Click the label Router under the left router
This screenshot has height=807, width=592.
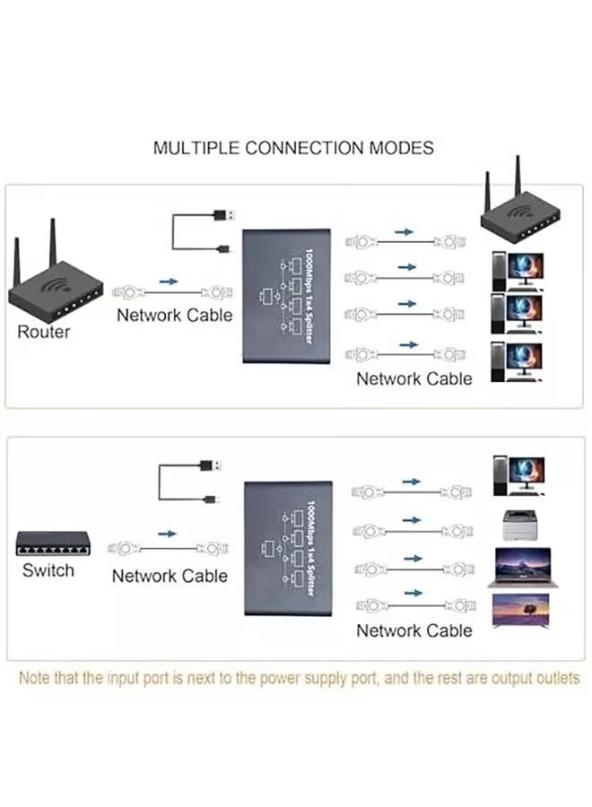point(43,332)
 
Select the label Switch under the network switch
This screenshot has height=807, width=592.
point(48,570)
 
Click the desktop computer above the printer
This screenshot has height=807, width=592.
point(518,476)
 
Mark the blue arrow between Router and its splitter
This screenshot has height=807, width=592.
point(169,281)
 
